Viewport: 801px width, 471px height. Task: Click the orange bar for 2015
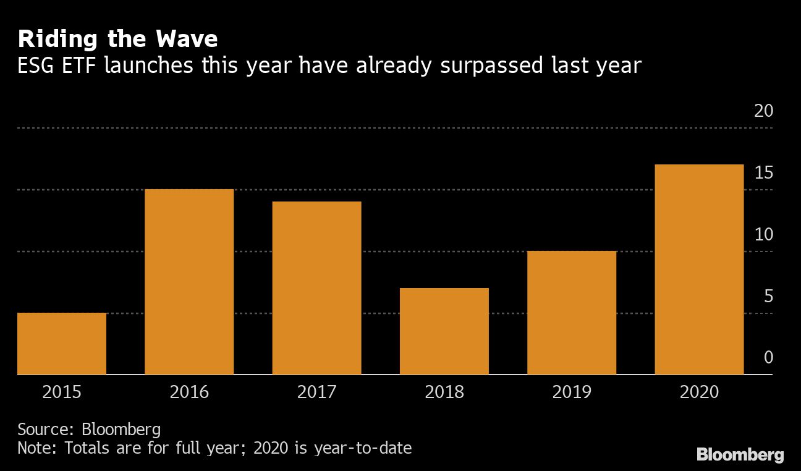[62, 344]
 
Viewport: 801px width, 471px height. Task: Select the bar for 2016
[189, 282]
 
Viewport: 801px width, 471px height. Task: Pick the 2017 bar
[316, 288]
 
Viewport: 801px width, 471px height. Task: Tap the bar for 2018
[444, 331]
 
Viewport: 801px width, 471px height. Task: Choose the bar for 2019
[572, 313]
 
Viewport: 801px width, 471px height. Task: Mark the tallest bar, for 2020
[699, 269]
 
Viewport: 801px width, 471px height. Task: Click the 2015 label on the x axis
[62, 392]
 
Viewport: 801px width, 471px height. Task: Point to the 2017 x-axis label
[316, 392]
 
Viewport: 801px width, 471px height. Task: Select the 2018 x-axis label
[444, 392]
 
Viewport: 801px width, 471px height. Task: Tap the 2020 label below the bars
[699, 392]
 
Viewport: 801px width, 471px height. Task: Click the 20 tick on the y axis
[764, 111]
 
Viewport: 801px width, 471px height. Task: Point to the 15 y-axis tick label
[764, 173]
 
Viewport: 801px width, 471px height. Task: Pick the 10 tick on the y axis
[764, 235]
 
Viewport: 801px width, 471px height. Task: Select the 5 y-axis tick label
[768, 297]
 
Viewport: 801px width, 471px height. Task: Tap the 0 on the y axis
[768, 358]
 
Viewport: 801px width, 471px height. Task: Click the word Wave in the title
[184, 40]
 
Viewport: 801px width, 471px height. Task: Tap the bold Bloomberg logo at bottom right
[740, 456]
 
